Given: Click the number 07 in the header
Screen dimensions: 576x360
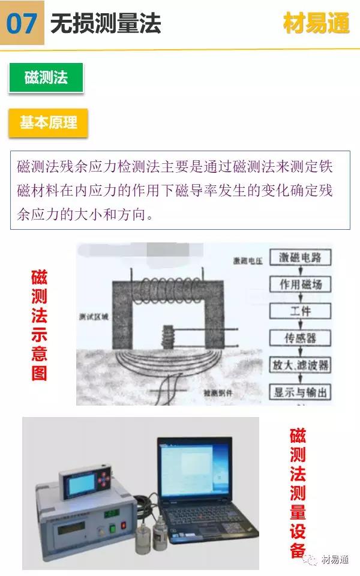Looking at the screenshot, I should click(22, 23).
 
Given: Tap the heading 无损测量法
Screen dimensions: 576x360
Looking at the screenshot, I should click(105, 23).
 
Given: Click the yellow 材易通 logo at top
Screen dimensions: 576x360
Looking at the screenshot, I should click(316, 22).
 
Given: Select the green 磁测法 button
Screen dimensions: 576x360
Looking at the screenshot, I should click(46, 77).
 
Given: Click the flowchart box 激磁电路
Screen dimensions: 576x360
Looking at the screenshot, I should click(300, 257).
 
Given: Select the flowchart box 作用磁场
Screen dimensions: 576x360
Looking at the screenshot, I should click(300, 283).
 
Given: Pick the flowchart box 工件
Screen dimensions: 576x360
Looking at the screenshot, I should click(300, 310).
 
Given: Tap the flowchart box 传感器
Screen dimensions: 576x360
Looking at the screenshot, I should click(300, 338).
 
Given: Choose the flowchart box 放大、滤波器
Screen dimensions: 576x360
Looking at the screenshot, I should click(300, 365).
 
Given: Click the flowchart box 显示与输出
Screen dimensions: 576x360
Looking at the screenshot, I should click(300, 392).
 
